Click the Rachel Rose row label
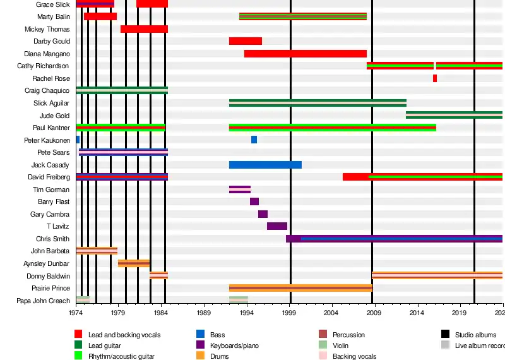[x=51, y=78]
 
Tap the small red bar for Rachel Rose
[x=435, y=78]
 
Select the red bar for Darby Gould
[x=246, y=41]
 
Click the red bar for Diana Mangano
[x=306, y=54]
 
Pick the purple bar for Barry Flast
[x=254, y=201]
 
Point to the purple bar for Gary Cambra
[x=263, y=214]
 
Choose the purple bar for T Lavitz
[x=277, y=226]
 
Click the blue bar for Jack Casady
[x=265, y=165]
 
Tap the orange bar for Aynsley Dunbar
[x=134, y=263]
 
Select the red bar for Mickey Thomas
[x=144, y=29]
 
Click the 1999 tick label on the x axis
[x=290, y=313]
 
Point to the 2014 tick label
[x=418, y=313]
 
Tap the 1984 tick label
[x=161, y=313]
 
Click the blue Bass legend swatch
[x=200, y=335]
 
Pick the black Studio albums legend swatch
[x=445, y=335]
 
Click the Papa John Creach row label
[x=44, y=301]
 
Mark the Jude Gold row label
[x=55, y=116]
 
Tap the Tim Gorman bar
[x=240, y=189]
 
